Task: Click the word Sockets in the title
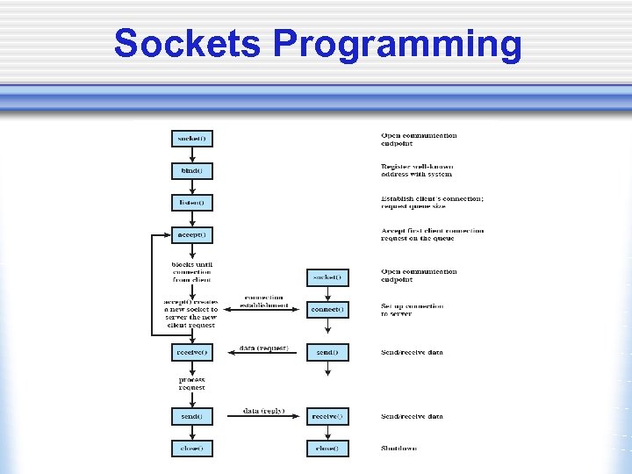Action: coord(187,44)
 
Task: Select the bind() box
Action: coord(191,170)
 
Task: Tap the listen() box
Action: coord(191,203)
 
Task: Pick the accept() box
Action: coord(191,235)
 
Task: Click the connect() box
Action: coord(327,310)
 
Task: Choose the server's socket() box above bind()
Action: coord(191,139)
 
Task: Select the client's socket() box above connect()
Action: coord(327,277)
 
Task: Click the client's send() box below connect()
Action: coord(327,352)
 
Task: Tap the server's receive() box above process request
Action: coord(191,352)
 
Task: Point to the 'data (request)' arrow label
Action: coord(263,348)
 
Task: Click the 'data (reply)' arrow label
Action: coord(263,411)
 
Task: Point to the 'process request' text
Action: coord(191,384)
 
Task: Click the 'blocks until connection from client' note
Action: coord(191,272)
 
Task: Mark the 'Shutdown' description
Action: coord(399,448)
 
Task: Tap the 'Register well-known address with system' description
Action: coord(417,170)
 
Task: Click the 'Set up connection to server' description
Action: coord(413,310)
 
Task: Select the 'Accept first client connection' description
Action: coord(432,231)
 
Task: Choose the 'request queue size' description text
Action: coord(413,207)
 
